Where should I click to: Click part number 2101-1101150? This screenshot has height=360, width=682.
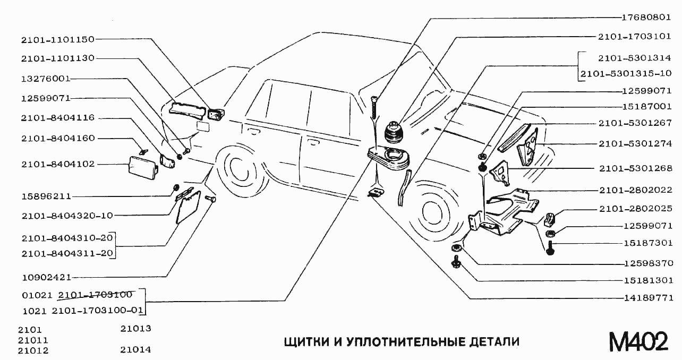(58, 39)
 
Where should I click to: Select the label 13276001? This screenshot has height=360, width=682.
(46, 78)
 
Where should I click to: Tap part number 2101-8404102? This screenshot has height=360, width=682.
(58, 164)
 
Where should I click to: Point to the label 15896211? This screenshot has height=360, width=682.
(46, 196)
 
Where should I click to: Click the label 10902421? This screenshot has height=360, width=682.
(46, 277)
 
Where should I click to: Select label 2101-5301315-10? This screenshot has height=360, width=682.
(626, 73)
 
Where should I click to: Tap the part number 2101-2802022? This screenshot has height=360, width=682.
(636, 190)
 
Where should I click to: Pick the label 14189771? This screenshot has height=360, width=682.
(648, 297)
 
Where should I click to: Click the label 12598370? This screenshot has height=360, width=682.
(648, 263)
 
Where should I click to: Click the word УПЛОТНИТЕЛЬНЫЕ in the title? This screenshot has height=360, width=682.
(404, 341)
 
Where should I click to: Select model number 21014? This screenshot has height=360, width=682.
(136, 349)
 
